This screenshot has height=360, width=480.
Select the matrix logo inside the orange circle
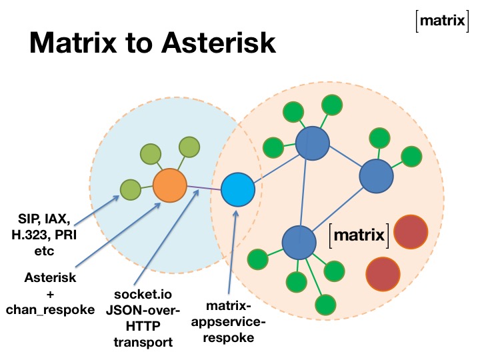360,235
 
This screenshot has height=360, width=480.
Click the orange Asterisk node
169,185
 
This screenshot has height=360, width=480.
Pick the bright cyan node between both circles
238,189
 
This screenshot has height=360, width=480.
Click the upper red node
410,231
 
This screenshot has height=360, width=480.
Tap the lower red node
383,273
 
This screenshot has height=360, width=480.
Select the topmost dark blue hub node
312,143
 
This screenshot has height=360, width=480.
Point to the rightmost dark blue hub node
376,177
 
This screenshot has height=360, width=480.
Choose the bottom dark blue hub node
299,243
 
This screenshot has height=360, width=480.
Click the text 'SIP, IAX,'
44,219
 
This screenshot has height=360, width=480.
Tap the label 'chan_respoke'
50,311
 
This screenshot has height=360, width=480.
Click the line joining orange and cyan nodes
203,187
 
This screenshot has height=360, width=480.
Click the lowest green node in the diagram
325,305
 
